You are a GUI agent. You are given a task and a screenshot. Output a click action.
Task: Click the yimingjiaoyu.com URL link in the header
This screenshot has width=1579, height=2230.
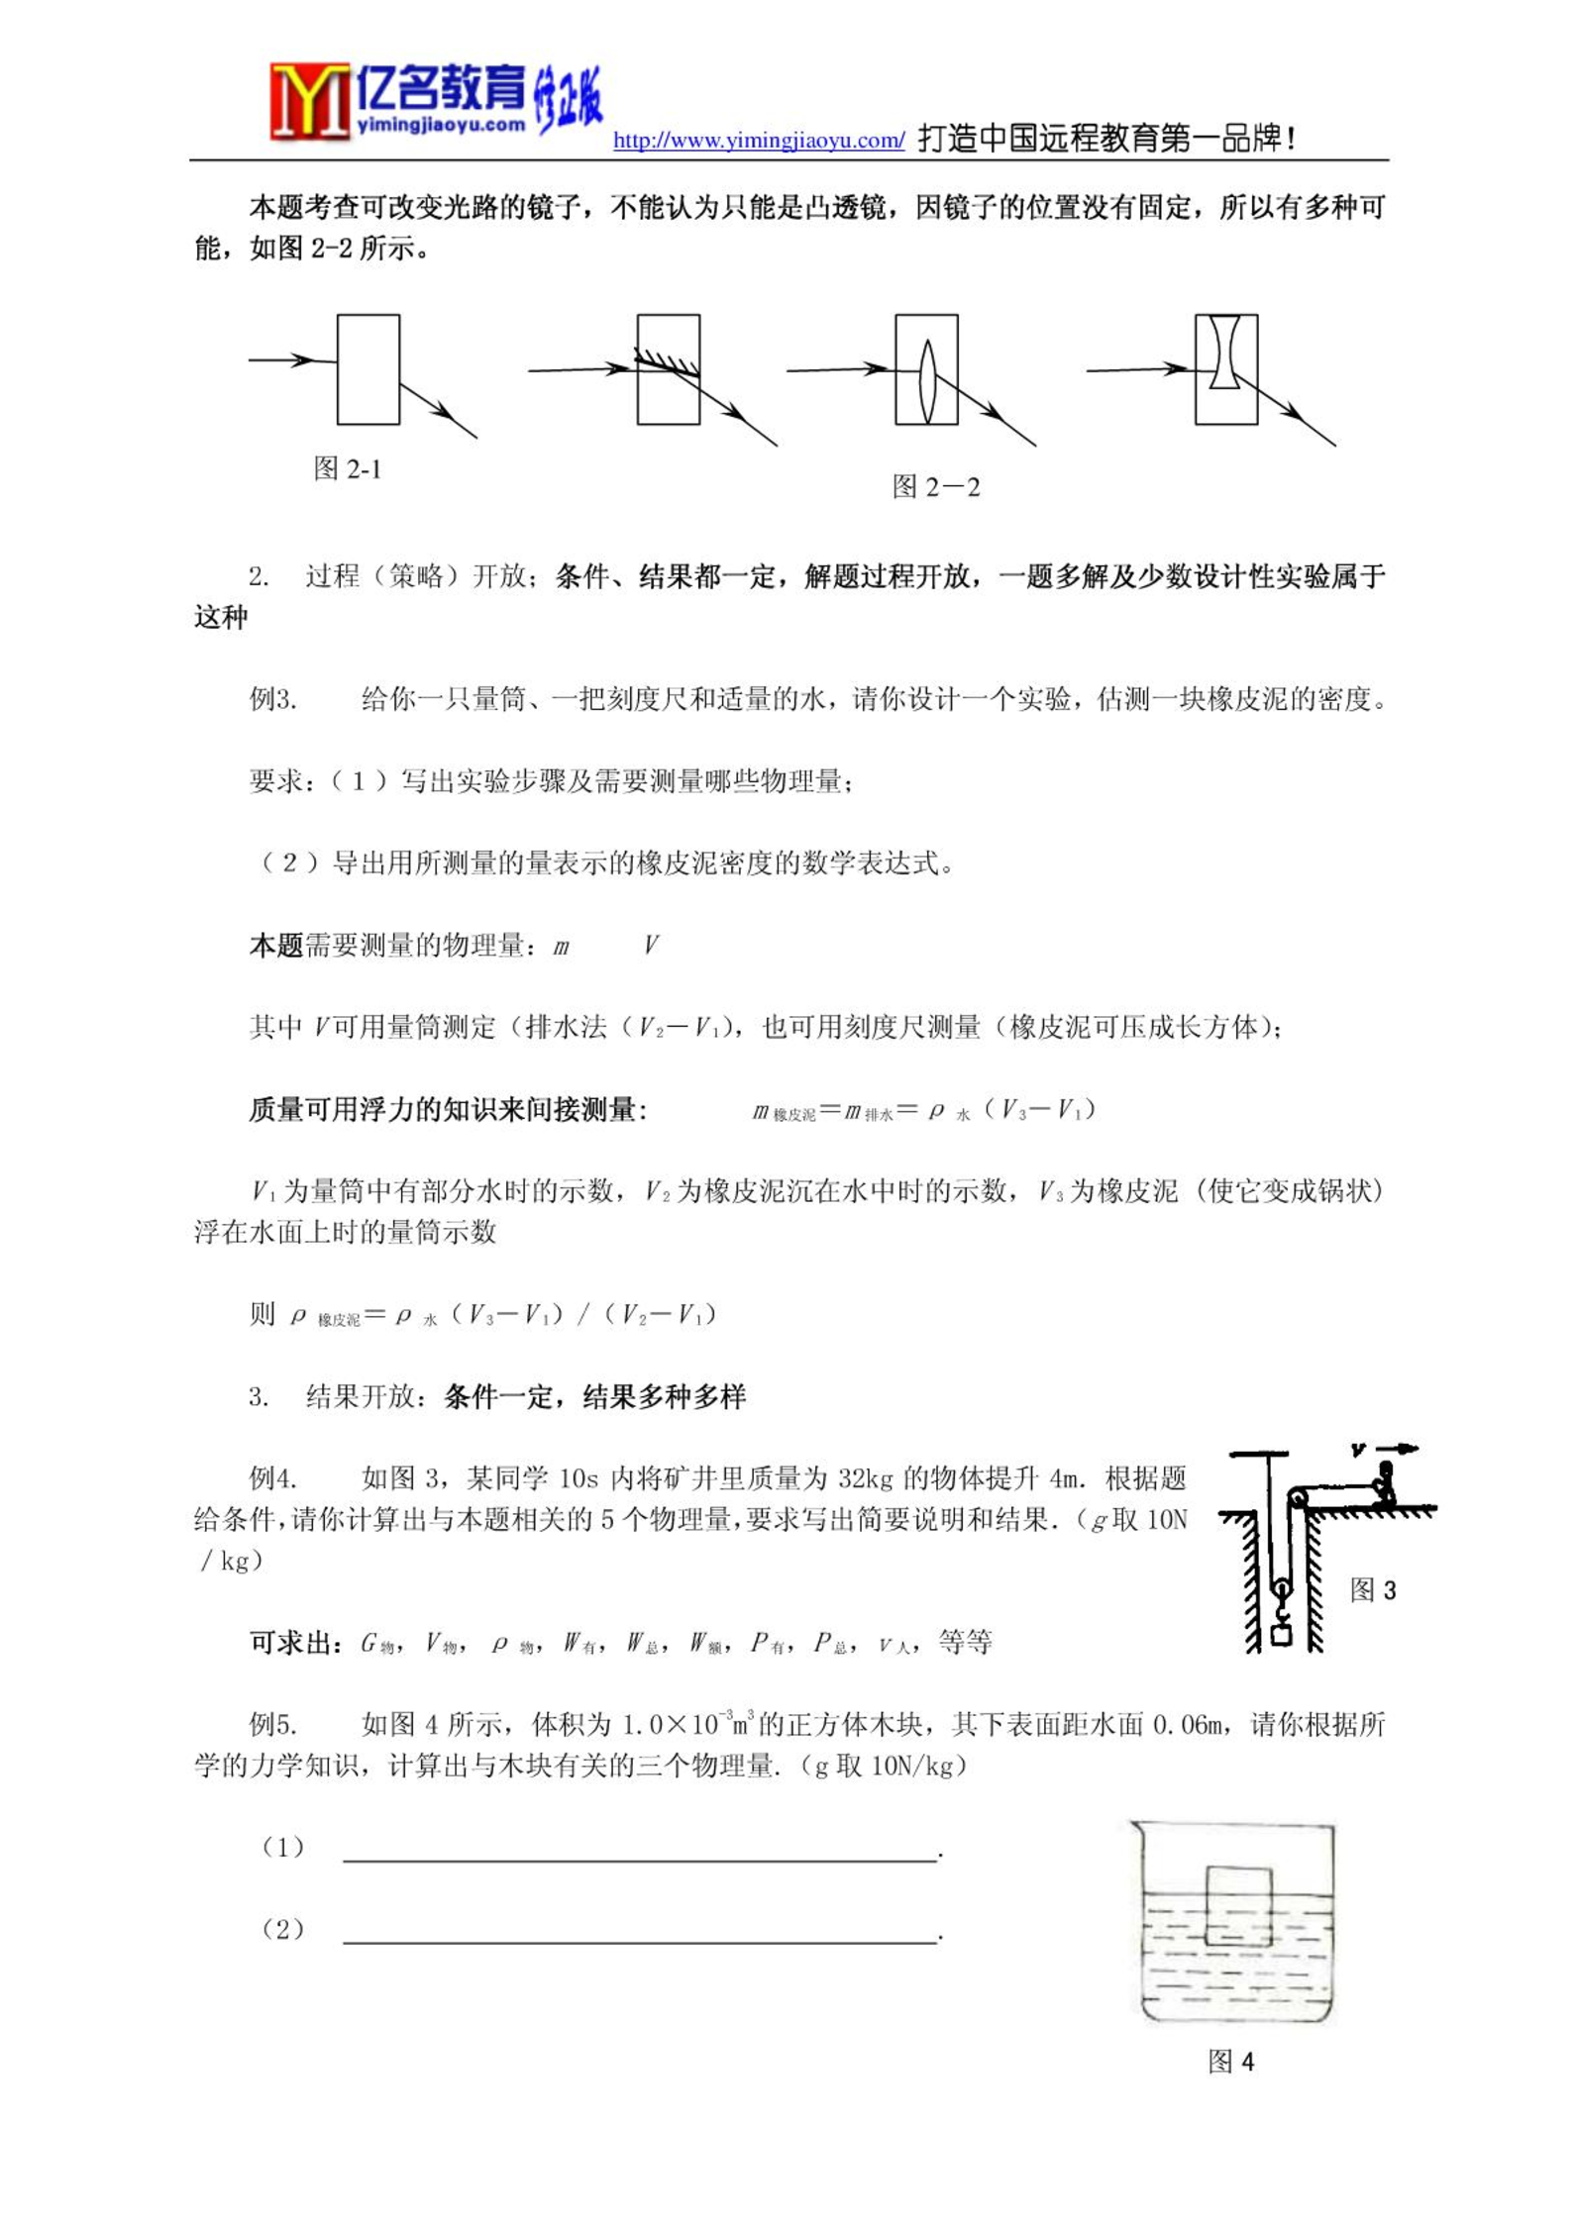pyautogui.click(x=758, y=141)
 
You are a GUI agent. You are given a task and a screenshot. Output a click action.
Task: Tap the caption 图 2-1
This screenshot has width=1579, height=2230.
pyautogui.click(x=347, y=468)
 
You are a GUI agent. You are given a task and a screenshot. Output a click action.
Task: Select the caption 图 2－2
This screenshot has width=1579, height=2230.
pyautogui.click(x=935, y=487)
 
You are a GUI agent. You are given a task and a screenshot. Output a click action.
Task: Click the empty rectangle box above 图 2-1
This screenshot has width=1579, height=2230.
pyautogui.click(x=368, y=369)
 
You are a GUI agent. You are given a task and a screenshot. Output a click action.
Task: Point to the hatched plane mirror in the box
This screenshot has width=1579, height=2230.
pyautogui.click(x=668, y=363)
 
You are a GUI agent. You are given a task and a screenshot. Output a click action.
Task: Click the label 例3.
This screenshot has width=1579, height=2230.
pyautogui.click(x=272, y=700)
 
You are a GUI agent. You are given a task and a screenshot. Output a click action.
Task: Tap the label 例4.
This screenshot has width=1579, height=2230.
pyautogui.click(x=272, y=1478)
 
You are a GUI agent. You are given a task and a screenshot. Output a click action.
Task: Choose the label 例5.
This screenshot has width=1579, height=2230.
pyautogui.click(x=272, y=1724)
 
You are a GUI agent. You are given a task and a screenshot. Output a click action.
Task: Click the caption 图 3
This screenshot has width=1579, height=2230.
pyautogui.click(x=1372, y=1590)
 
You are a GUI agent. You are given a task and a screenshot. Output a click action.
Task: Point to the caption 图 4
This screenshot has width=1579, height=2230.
pyautogui.click(x=1230, y=2062)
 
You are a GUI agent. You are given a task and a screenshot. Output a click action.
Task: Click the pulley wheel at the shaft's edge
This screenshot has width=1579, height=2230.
pyautogui.click(x=1297, y=1498)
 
